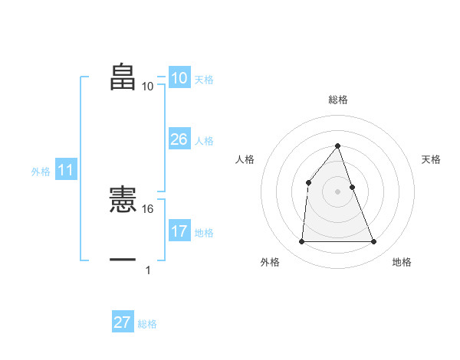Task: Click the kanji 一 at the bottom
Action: point(123,260)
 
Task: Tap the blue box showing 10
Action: point(179,77)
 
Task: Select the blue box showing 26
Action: point(179,139)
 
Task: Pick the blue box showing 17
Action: point(179,231)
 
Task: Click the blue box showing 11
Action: point(66,170)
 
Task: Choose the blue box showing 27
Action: point(123,322)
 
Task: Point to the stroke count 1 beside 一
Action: point(148,270)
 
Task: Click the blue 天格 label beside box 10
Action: point(204,79)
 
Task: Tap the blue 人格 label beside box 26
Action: point(204,141)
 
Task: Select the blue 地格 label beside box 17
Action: point(204,233)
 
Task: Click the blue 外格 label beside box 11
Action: point(41,172)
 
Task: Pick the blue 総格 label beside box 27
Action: point(147,325)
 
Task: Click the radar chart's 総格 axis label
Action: point(337,100)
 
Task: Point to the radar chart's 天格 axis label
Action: point(432,159)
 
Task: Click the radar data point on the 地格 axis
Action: point(373,242)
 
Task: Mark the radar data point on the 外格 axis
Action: point(301,242)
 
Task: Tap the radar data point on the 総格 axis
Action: point(337,146)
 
